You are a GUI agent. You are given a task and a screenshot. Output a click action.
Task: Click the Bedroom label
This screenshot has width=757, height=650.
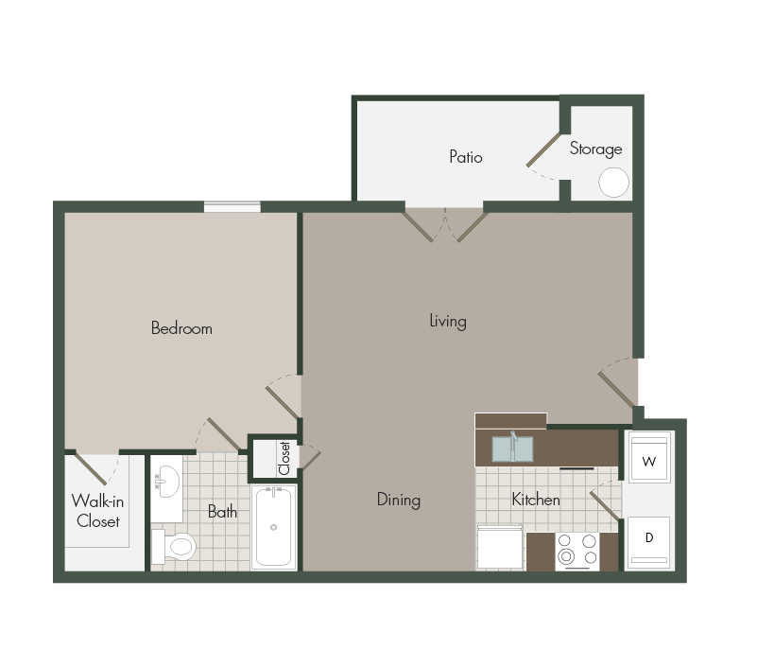tap(181, 328)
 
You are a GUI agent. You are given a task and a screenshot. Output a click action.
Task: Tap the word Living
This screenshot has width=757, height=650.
tap(447, 321)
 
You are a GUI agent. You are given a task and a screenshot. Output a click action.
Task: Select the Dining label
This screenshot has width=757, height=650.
tap(398, 500)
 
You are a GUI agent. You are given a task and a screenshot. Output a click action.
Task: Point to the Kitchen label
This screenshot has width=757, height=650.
tap(536, 499)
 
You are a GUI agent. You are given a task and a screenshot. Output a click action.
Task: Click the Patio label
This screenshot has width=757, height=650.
tap(465, 157)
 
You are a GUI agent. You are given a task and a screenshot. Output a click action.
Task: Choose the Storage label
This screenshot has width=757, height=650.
tap(595, 149)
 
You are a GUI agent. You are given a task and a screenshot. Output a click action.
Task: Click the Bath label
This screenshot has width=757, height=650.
tap(222, 512)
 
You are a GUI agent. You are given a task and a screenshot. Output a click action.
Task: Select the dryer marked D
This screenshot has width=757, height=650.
tap(648, 540)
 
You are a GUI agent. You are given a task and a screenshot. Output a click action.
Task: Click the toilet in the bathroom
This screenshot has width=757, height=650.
tap(174, 546)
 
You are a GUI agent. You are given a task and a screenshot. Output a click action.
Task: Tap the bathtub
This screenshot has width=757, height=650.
tap(273, 527)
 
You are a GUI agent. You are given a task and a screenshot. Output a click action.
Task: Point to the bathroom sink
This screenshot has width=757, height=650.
tap(165, 483)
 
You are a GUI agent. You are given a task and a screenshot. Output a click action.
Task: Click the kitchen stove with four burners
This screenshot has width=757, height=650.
tap(576, 551)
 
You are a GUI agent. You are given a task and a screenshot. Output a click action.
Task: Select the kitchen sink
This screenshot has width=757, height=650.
tap(512, 447)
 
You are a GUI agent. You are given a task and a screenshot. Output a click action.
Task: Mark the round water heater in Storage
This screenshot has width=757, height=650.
tap(613, 182)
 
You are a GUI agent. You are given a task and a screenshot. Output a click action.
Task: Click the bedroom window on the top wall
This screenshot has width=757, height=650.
tap(232, 206)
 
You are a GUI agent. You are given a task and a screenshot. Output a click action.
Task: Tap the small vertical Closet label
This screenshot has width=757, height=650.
tap(284, 458)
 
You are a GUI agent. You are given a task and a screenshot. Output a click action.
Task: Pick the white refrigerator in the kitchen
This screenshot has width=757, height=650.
tap(500, 549)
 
